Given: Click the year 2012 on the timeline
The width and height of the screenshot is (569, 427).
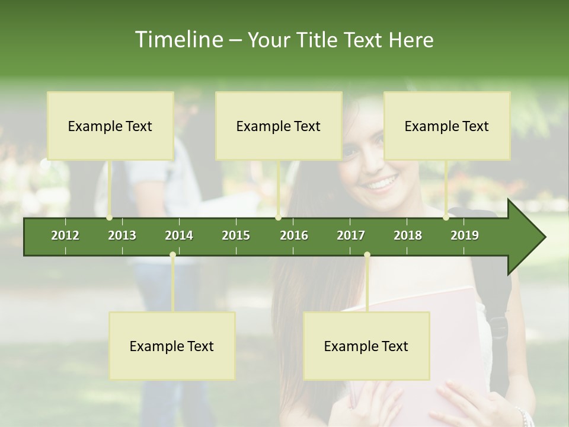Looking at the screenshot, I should [65, 235].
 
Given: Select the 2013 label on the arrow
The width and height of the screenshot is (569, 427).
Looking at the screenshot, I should [122, 235].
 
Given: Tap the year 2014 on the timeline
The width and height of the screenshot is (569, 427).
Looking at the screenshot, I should [179, 235].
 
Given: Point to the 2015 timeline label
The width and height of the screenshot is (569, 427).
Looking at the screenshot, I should [236, 235].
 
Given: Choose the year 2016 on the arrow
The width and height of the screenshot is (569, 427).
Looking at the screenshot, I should [294, 235].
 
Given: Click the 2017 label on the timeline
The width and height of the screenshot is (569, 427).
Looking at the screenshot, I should [351, 235].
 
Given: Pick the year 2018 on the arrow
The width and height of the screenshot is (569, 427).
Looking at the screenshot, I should [408, 235].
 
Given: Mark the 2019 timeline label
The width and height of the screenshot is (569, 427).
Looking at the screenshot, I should [465, 235].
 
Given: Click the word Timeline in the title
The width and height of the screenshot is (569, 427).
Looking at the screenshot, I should [178, 40].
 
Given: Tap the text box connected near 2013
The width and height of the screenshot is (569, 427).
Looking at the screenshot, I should [110, 126].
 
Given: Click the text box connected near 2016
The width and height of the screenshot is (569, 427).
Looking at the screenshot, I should [279, 126].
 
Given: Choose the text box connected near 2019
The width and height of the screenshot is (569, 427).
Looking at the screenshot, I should [447, 126].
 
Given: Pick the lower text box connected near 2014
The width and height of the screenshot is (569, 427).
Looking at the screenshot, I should [172, 346].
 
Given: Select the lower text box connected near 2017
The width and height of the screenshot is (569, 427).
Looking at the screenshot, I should [366, 346].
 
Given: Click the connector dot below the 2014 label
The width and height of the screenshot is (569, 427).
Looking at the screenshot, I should [172, 255].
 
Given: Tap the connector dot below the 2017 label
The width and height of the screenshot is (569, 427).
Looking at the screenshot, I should [367, 255].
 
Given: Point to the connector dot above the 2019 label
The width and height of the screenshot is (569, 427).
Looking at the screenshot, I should [446, 218].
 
